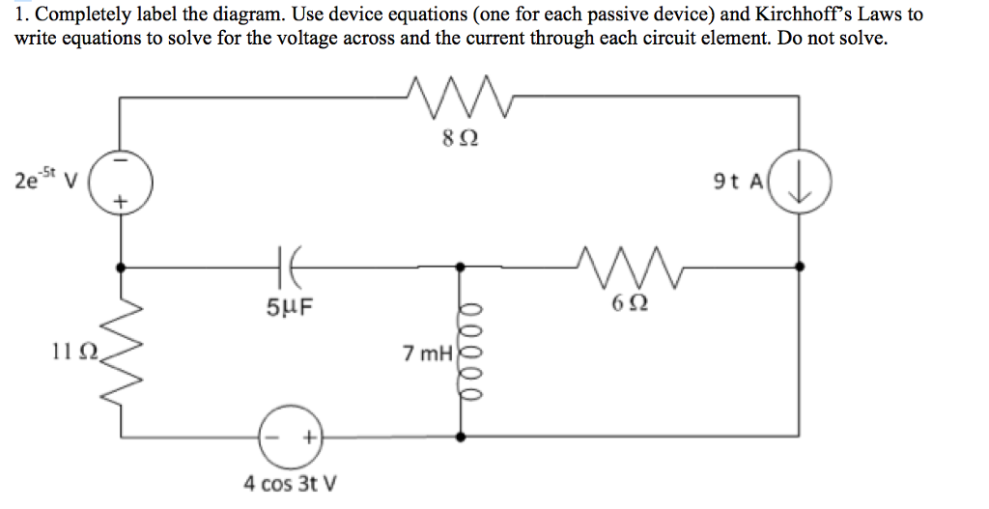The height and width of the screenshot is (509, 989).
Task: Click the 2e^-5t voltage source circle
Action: [120, 182]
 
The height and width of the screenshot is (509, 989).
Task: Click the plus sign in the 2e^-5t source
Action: [120, 203]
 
